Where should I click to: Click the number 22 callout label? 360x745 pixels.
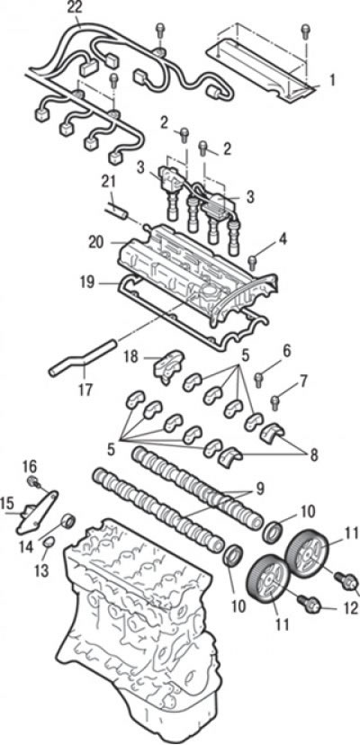tap(75, 7)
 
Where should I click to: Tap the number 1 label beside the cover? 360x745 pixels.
tap(332, 79)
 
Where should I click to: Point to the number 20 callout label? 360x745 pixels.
tap(95, 242)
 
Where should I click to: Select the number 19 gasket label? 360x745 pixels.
tap(88, 283)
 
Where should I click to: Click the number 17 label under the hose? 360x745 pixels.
tap(85, 390)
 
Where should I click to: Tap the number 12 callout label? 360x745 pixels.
tap(350, 608)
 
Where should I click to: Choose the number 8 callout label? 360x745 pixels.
tap(313, 454)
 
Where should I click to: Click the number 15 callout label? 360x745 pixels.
tap(7, 504)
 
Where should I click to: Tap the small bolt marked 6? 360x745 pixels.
tap(259, 379)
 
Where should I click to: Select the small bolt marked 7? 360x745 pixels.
tap(275, 403)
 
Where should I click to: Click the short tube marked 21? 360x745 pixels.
tap(115, 211)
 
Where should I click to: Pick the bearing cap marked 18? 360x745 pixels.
tap(168, 367)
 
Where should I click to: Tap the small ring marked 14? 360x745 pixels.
tap(68, 521)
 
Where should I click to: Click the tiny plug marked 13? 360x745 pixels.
tap(49, 542)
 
